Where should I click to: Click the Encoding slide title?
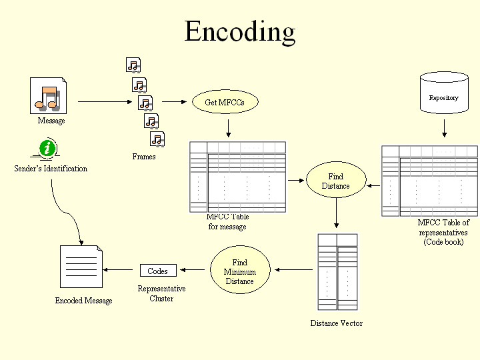(x=239, y=31)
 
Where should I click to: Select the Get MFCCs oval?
(x=225, y=102)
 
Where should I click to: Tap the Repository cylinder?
(x=443, y=97)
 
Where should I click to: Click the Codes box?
(x=158, y=271)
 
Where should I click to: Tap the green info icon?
(x=46, y=148)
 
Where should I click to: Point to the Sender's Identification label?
(x=51, y=169)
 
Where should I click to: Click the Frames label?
(x=143, y=157)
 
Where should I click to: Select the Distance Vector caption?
(x=336, y=323)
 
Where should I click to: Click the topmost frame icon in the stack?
(x=133, y=65)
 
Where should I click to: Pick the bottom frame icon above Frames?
(x=157, y=139)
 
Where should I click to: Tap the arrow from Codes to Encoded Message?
(x=121, y=270)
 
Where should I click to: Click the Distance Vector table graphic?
(x=337, y=271)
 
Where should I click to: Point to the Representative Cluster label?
(x=161, y=293)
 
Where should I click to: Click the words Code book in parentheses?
(x=443, y=242)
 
